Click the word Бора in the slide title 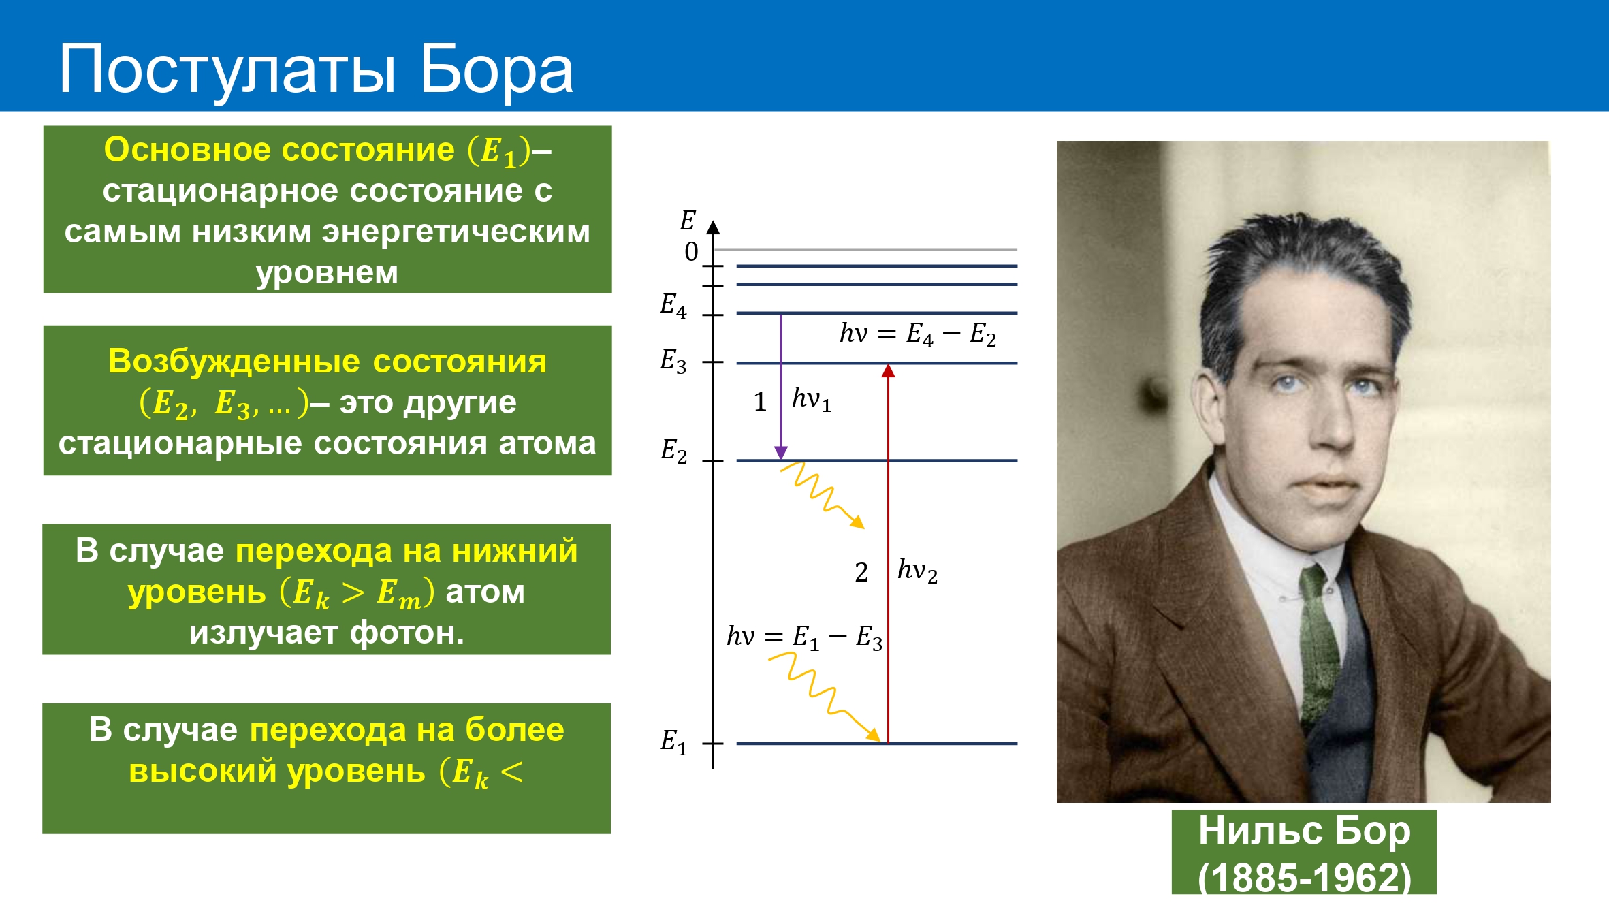[x=496, y=69]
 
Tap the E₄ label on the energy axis [x=673, y=305]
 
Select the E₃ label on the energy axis [x=673, y=361]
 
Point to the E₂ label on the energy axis [x=673, y=451]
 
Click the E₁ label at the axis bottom [x=673, y=742]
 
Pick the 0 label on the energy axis [x=691, y=252]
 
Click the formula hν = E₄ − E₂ [x=918, y=334]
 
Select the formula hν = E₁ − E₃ [x=804, y=637]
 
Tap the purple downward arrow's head [x=781, y=453]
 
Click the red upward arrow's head [x=888, y=370]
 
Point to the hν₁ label [x=812, y=399]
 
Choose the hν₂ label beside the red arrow [x=917, y=571]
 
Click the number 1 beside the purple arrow [x=761, y=402]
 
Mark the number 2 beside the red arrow [x=861, y=573]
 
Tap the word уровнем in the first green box [x=327, y=273]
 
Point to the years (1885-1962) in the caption [x=1305, y=877]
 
